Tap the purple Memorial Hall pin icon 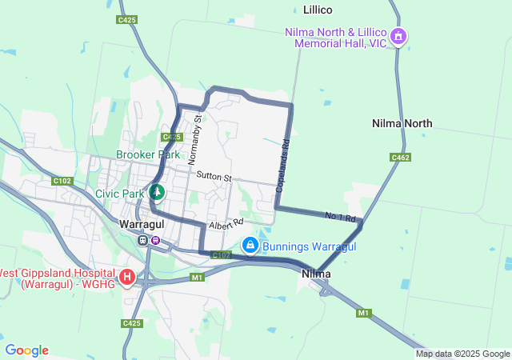398,36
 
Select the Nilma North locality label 402,123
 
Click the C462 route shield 401,158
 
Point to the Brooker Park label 148,154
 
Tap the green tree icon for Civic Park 157,192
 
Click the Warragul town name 142,224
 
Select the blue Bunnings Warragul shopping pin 250,243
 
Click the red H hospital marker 127,277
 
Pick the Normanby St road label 196,140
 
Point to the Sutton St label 214,176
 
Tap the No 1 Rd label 339,216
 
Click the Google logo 26,350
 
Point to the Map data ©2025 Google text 462,354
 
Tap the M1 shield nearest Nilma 364,312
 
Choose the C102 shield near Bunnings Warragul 222,255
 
